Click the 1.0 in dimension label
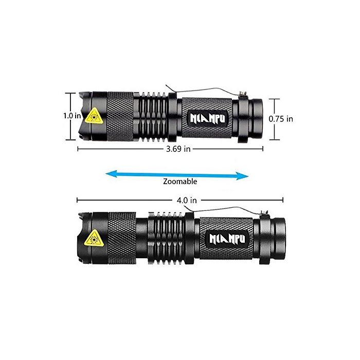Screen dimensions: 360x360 coord(73,116)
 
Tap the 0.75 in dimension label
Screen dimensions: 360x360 coord(281,119)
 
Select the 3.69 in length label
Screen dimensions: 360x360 coord(178,149)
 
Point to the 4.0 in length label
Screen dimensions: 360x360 coord(187,200)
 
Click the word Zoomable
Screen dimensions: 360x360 coord(180,182)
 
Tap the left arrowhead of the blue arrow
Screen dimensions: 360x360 coord(111,174)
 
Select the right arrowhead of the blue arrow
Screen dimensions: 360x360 coord(242,176)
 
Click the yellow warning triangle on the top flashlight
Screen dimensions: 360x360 coord(94,117)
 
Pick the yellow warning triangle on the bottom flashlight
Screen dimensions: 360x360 coord(94,238)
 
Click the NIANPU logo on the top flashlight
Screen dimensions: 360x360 coord(208,118)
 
